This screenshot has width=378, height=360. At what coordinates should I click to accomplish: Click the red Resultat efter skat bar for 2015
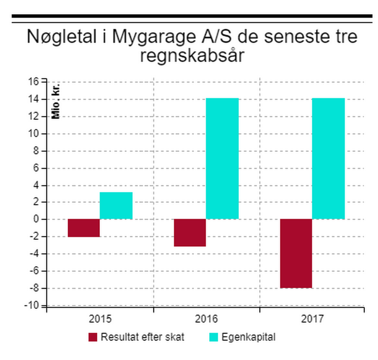(83, 228)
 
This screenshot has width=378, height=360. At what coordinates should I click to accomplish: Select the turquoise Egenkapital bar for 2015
(116, 205)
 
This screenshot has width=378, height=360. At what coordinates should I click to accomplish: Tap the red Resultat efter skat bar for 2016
(190, 232)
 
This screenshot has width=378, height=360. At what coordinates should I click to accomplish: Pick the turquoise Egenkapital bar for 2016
(222, 158)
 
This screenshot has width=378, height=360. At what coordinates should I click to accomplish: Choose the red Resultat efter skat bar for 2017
(296, 253)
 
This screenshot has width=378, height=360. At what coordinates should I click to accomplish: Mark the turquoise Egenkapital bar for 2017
(328, 158)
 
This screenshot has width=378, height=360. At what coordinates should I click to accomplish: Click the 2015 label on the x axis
(100, 319)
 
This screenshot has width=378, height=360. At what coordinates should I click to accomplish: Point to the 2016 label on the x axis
(206, 319)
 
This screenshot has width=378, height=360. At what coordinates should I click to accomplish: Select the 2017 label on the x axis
(312, 319)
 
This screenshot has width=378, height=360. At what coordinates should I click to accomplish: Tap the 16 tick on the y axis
(34, 82)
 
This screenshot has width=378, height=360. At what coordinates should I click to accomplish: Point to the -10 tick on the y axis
(32, 305)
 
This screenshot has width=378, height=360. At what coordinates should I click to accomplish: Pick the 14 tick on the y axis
(34, 99)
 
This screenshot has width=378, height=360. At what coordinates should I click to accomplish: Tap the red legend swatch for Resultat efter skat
(93, 337)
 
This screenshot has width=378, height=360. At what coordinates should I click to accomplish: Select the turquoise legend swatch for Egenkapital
(213, 337)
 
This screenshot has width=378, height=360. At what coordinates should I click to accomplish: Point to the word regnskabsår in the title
(192, 56)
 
